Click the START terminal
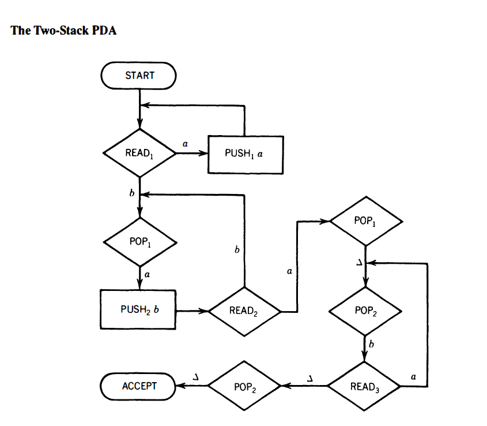tap(139, 76)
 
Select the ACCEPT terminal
tap(139, 386)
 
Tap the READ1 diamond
tap(139, 154)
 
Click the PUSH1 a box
tap(246, 154)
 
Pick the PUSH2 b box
tap(139, 309)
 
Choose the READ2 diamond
tap(245, 311)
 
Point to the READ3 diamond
tap(364, 386)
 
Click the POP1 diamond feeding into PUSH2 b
tap(139, 241)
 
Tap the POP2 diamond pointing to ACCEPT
tap(245, 386)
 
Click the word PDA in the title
tap(104, 31)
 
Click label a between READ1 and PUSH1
tap(185, 142)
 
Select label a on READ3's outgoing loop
tap(413, 376)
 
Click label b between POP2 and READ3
tap(372, 345)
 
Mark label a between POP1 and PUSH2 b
tap(147, 275)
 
